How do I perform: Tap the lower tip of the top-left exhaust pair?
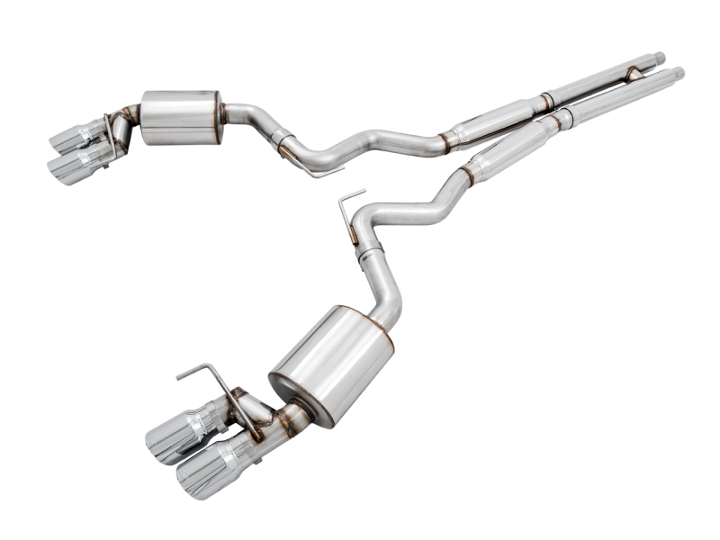click(74, 166)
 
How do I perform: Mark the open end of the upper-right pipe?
click(660, 58)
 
